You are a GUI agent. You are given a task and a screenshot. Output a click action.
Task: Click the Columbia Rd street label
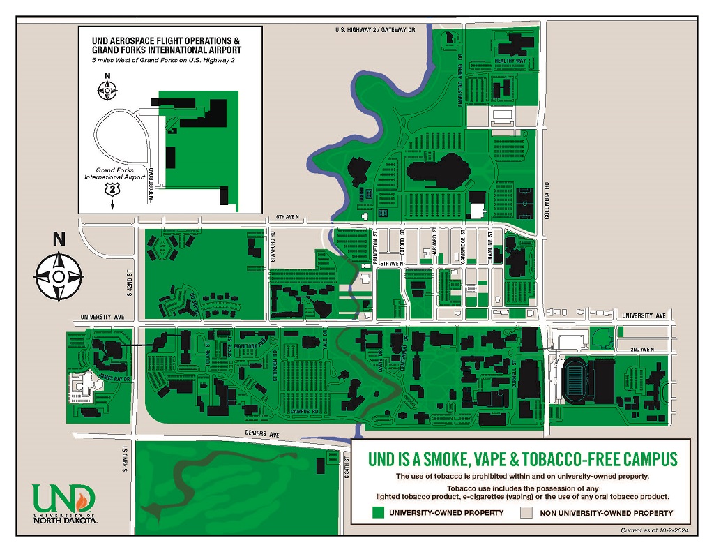coord(548,200)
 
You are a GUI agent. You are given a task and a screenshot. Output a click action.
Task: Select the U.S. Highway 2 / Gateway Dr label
coord(374,30)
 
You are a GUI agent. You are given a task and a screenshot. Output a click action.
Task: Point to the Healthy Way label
coord(510,61)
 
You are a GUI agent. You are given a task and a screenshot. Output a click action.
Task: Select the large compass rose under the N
coord(59,277)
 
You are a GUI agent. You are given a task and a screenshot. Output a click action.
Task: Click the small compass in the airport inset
coord(107,89)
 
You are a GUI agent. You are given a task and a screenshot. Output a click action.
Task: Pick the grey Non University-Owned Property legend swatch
coord(528,513)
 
